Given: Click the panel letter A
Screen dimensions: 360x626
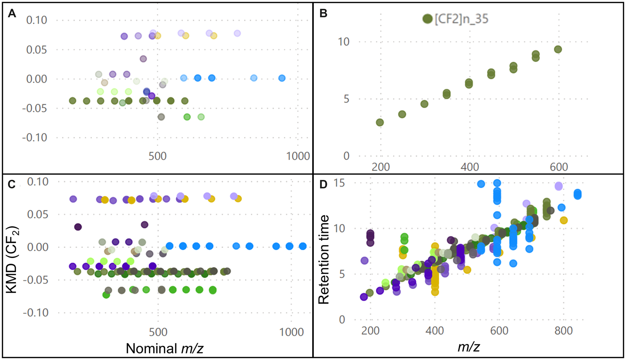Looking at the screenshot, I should click(12, 14).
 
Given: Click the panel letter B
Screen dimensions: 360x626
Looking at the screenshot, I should click(323, 14).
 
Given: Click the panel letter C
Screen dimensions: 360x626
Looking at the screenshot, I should click(12, 184).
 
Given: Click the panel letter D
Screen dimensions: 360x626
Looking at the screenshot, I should click(323, 184).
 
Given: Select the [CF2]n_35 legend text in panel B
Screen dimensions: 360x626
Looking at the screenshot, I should click(462, 19).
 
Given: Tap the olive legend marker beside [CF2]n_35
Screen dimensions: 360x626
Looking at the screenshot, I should click(427, 19).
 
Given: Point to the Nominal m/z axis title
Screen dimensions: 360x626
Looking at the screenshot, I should click(164, 348).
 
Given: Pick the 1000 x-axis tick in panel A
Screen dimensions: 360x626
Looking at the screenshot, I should click(298, 156).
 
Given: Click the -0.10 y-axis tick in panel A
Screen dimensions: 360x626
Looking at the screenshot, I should click(34, 138).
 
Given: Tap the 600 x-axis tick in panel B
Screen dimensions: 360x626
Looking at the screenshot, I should click(559, 167).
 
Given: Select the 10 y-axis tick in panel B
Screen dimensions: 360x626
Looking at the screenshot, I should click(344, 42).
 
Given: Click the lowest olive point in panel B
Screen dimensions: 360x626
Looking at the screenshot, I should click(380, 122).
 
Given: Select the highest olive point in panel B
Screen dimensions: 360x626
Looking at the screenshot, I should click(558, 49).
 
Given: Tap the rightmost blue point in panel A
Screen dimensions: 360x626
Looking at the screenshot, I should click(282, 78).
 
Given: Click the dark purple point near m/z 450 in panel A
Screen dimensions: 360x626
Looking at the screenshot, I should click(143, 59).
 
